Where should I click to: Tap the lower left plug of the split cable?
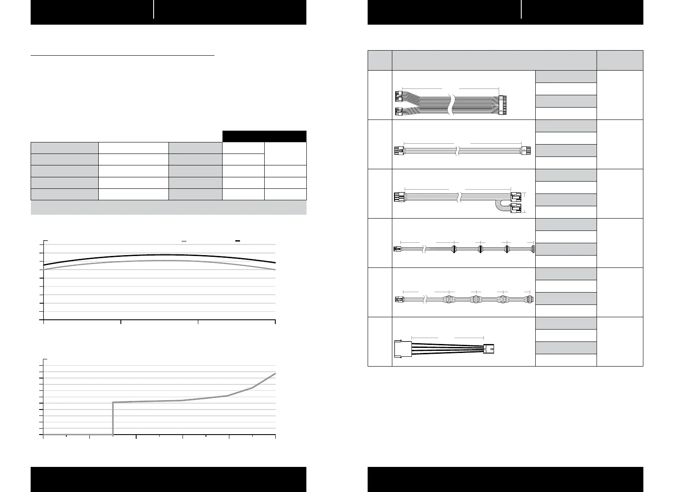click(399, 112)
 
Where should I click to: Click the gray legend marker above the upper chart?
click(184, 241)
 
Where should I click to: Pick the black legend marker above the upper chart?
click(238, 241)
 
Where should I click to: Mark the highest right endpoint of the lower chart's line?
click(275, 373)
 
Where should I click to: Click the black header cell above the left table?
click(264, 136)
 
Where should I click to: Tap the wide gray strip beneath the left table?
click(168, 208)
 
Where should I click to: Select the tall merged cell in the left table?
click(285, 154)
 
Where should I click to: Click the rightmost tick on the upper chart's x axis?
click(275, 321)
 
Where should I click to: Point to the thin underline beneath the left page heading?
click(123, 55)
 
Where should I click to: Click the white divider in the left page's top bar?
click(154, 10)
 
